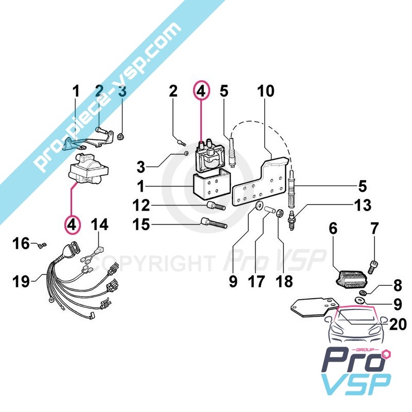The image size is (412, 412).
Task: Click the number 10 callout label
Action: coord(266,91)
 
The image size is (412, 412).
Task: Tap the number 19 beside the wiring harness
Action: coord(21,281)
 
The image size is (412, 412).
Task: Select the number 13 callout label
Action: coord(363,205)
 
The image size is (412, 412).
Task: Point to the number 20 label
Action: coord(398,324)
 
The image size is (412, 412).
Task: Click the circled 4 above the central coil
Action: coord(201,91)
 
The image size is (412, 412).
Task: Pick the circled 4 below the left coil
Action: coord(73,225)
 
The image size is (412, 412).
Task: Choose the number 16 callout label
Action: coord(21,243)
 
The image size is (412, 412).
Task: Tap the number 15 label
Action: coord(141,225)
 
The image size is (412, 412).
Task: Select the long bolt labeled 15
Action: coord(213,224)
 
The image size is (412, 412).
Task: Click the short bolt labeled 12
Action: coord(216,205)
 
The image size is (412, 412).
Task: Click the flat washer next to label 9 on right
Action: coord(358,300)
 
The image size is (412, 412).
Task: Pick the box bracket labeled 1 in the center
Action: coord(212,186)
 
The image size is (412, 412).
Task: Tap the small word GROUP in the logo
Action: coord(365,350)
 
